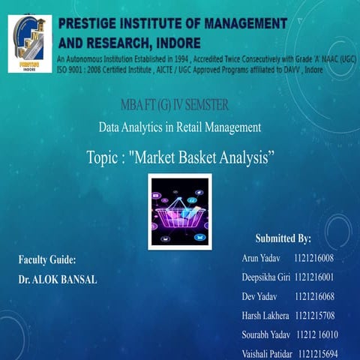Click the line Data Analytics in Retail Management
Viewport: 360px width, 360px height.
(180, 127)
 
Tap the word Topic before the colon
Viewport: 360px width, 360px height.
(104, 157)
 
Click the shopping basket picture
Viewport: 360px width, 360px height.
(180, 211)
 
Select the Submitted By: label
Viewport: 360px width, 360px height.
(283, 238)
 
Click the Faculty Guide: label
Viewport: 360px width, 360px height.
(46, 259)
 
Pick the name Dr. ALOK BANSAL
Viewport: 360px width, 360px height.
(58, 278)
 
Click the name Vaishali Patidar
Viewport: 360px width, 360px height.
(267, 352)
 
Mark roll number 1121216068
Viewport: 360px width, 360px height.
(315, 296)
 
